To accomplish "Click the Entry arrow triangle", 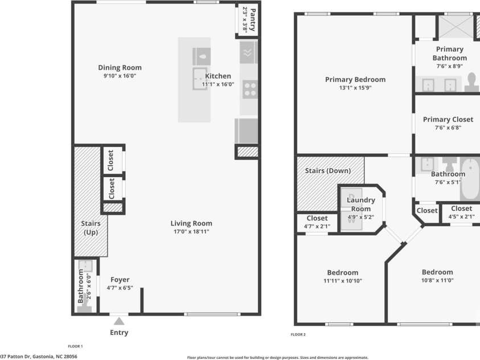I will (x=119, y=322).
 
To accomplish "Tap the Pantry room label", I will (x=249, y=20).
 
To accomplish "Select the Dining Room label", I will (x=120, y=68).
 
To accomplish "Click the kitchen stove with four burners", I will (x=249, y=89).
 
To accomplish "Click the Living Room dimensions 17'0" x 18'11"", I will (x=192, y=232).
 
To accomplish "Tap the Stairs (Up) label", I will (x=91, y=228).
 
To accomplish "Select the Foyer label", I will (x=120, y=280).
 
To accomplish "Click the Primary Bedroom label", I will (x=355, y=80).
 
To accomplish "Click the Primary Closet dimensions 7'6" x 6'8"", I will (x=448, y=128).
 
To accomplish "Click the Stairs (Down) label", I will (x=328, y=171).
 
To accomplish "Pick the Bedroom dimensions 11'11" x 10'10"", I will (x=343, y=281).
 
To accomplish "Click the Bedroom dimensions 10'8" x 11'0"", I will (x=437, y=280).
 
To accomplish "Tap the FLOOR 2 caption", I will (x=298, y=334).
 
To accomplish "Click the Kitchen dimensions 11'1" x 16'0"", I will (x=218, y=84).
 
